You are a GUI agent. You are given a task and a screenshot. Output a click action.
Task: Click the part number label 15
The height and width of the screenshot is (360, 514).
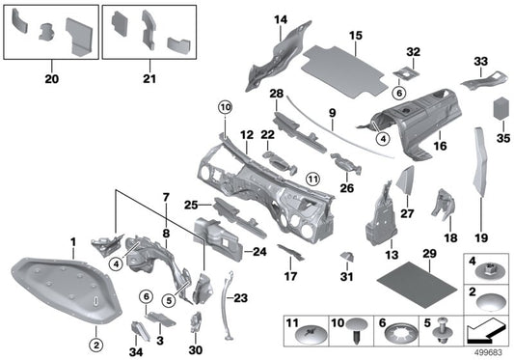[356, 35]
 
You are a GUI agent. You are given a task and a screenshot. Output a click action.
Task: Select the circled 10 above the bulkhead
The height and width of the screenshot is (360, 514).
[226, 107]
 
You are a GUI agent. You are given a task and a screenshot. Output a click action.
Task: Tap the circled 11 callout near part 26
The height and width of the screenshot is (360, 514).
[312, 180]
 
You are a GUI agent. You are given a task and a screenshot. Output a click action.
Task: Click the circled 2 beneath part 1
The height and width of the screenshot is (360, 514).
[96, 345]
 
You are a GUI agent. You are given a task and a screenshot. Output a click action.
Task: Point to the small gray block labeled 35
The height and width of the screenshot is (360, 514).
[501, 109]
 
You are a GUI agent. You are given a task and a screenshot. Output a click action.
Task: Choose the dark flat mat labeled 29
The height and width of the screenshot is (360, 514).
[417, 284]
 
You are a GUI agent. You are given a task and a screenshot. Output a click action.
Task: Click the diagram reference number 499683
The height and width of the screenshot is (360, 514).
[488, 353]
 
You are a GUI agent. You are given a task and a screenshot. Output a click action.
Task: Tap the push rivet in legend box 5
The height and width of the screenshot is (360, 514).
[440, 331]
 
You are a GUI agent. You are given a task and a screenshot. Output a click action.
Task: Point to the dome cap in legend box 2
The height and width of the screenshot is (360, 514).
[488, 301]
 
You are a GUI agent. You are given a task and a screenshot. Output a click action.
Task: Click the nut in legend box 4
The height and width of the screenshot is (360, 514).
[488, 271]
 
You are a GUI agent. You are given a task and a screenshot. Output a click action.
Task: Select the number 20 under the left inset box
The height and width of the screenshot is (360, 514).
[51, 79]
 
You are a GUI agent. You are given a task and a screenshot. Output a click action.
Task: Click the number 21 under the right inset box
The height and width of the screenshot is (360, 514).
[149, 79]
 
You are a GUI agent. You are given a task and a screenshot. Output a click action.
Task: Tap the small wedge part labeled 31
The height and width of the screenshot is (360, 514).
[347, 257]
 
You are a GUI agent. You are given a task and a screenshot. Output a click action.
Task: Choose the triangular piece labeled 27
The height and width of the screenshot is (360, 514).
[406, 180]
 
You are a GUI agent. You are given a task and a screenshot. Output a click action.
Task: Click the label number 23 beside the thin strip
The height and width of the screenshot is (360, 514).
[241, 298]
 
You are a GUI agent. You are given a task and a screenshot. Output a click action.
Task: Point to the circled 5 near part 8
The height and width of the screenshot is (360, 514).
[169, 300]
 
